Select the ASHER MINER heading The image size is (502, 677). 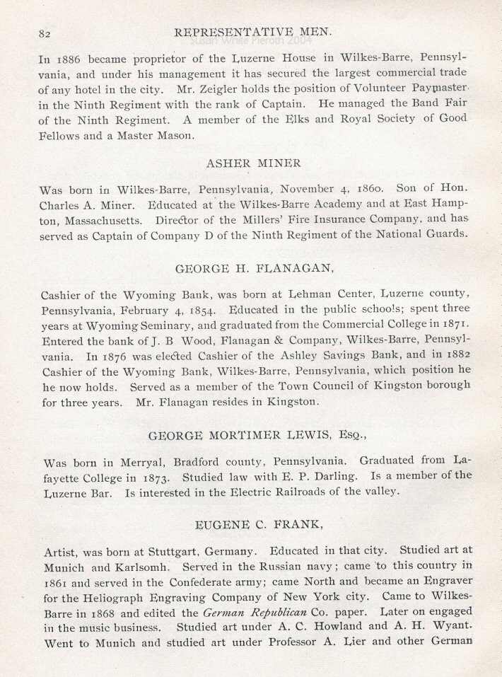[252, 163]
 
